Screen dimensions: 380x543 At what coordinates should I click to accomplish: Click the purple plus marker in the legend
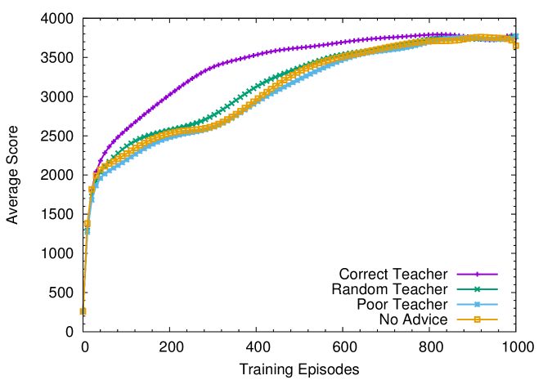point(477,274)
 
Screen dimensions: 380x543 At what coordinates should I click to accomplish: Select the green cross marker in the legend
point(477,289)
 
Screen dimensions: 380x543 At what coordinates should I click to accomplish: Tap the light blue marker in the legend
point(477,304)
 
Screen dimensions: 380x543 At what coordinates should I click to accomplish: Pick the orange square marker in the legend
point(477,320)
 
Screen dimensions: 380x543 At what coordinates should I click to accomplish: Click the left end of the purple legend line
point(457,274)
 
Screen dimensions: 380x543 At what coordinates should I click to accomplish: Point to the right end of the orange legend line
point(496,320)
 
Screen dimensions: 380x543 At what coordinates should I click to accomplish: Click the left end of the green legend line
point(457,289)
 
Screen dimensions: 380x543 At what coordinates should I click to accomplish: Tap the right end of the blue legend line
point(496,304)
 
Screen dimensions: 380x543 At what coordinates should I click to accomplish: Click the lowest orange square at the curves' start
point(83,311)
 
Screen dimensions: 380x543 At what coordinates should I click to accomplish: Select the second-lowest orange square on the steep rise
point(87,223)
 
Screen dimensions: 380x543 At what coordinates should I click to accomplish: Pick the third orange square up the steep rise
point(92,189)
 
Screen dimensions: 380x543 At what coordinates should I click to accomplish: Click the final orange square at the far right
point(516,46)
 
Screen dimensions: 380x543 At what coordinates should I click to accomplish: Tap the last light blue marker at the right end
point(515,36)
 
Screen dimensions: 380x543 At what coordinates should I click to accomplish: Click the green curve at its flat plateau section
point(176,128)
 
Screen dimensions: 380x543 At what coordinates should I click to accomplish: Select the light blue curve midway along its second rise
point(278,89)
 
